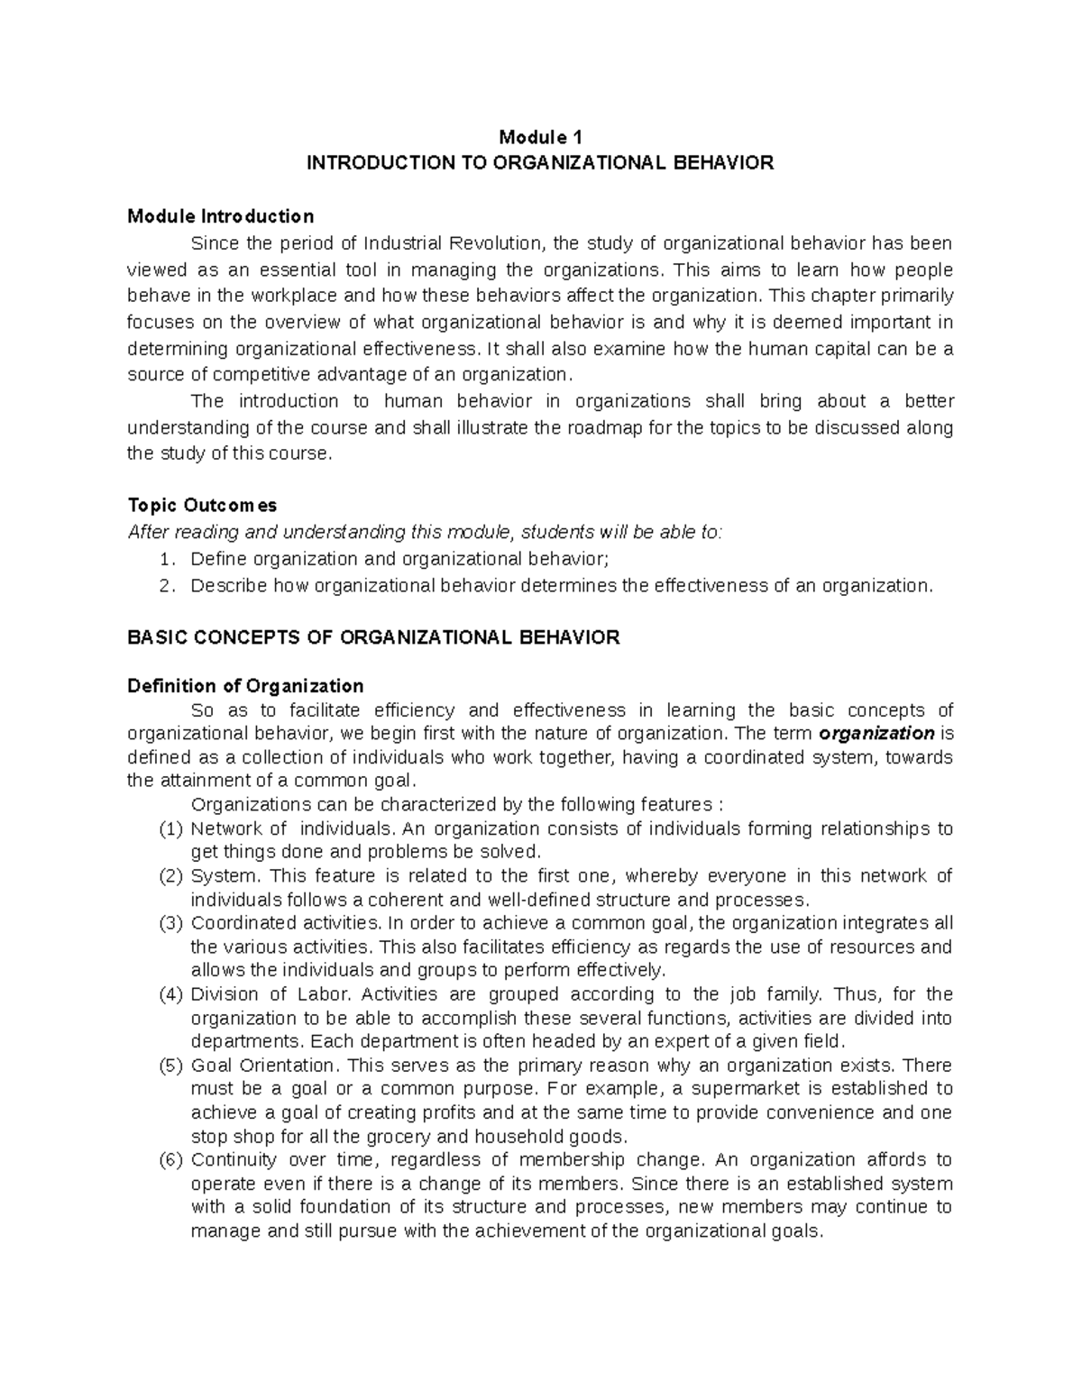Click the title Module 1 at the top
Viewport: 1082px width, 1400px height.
(541, 138)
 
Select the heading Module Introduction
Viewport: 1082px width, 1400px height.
(220, 216)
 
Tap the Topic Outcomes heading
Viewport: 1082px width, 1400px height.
(202, 505)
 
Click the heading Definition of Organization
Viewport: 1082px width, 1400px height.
(245, 686)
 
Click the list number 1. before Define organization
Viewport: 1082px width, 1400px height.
(165, 560)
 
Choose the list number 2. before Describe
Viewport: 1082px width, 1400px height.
(165, 586)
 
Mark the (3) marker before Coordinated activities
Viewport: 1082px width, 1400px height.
(170, 923)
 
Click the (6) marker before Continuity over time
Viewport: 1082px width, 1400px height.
(170, 1160)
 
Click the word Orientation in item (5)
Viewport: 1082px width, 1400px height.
(284, 1066)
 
